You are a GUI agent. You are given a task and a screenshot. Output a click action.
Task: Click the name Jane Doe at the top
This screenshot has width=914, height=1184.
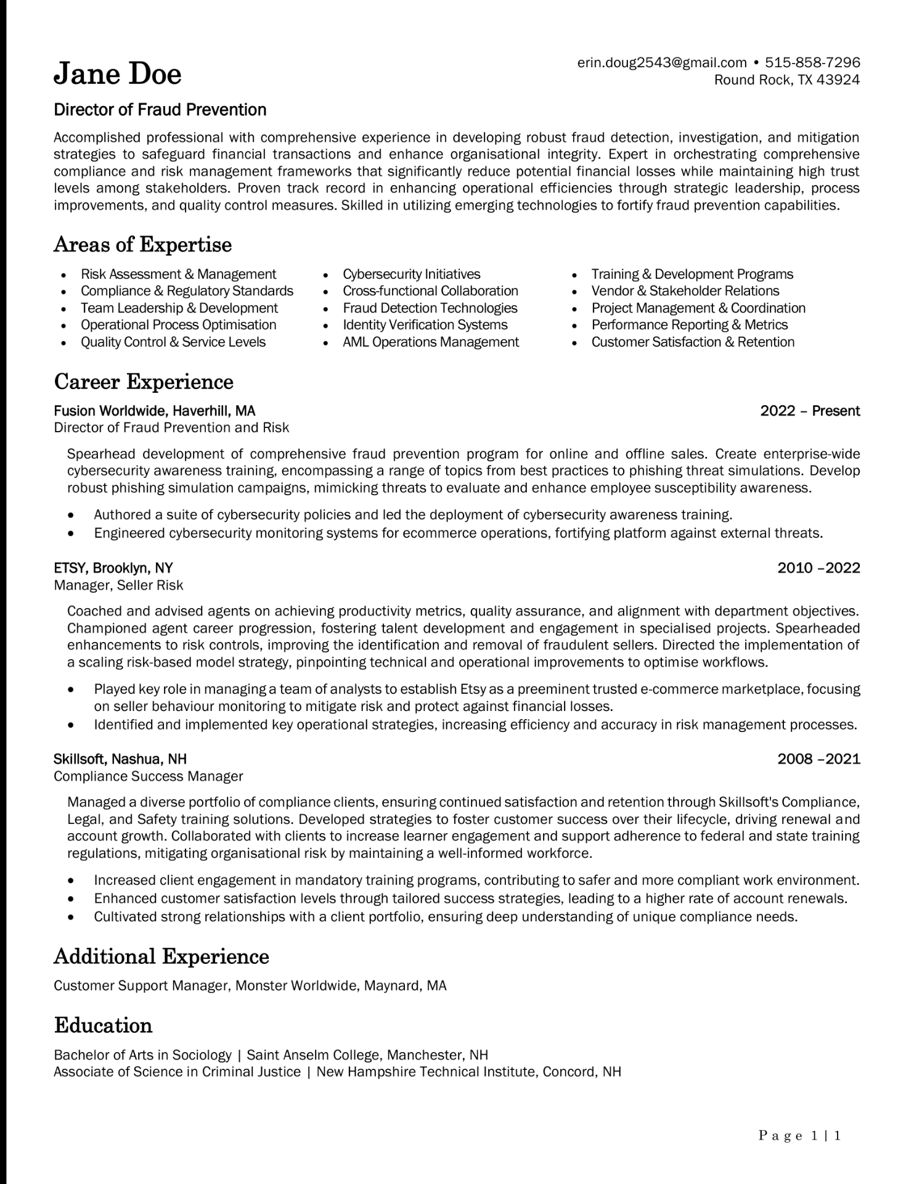pos(118,75)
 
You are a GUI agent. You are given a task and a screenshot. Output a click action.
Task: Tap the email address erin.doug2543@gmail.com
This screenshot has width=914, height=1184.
pos(662,62)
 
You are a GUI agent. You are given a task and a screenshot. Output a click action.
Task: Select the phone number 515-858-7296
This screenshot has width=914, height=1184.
pos(812,62)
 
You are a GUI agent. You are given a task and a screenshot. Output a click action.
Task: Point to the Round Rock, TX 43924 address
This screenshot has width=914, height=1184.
pos(786,80)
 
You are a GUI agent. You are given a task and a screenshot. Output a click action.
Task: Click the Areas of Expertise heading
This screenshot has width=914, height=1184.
pos(143,245)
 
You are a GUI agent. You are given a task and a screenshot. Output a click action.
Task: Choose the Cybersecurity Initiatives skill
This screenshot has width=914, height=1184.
pos(411,274)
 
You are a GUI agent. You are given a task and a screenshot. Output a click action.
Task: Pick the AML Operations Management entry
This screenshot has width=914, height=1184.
pos(430,342)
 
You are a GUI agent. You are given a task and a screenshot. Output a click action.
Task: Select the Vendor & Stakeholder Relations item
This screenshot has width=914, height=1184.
pos(685,290)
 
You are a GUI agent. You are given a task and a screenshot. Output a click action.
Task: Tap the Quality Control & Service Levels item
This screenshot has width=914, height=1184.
pos(173,342)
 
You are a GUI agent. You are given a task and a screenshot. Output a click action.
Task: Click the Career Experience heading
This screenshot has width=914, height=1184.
pos(144,382)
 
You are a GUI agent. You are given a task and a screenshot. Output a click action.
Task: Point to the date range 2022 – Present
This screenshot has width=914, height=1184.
pos(810,411)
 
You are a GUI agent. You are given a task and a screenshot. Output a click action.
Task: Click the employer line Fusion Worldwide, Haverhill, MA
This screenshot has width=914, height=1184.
pos(155,411)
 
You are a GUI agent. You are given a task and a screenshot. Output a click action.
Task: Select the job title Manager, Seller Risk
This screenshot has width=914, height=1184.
pos(118,585)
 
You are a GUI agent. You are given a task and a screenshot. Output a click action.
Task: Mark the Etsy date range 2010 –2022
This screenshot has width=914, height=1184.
pos(818,568)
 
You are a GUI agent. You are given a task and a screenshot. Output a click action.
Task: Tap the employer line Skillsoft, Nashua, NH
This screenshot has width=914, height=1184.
pos(120,758)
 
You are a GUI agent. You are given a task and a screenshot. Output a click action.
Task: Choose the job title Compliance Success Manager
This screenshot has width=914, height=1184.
pos(149,776)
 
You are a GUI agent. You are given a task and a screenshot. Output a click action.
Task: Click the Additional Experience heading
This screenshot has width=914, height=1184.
pos(161,956)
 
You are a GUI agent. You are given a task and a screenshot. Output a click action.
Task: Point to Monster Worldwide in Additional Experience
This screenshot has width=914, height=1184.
pos(296,985)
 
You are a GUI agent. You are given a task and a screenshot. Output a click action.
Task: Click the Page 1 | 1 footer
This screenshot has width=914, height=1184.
pos(799,1135)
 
